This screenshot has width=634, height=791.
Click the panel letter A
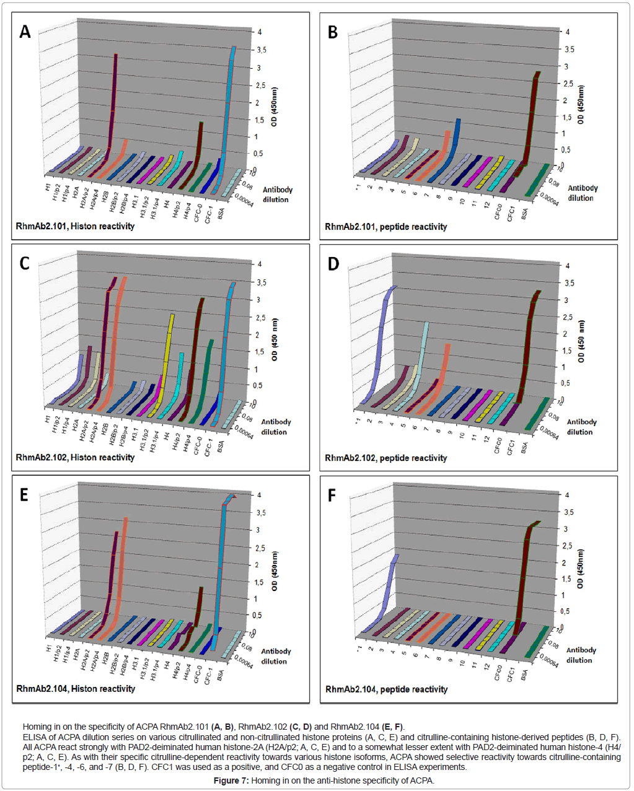pyautogui.click(x=25, y=32)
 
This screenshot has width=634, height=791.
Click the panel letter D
pyautogui.click(x=333, y=264)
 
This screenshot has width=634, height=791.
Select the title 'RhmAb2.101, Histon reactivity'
pyautogui.click(x=75, y=226)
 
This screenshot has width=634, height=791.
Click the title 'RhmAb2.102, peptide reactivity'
pyautogui.click(x=385, y=458)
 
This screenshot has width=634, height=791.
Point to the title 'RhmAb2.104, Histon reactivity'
pyautogui.click(x=76, y=688)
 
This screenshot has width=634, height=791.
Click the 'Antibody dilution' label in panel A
pyautogui.click(x=276, y=194)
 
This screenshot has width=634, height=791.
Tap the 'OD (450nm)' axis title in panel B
pyautogui.click(x=581, y=105)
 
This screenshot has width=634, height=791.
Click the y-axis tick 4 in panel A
pyautogui.click(x=259, y=32)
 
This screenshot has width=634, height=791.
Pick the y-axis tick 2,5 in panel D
pyautogui.click(x=567, y=317)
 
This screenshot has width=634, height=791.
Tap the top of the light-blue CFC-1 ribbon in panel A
pyautogui.click(x=234, y=48)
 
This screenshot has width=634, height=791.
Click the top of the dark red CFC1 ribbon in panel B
pyautogui.click(x=537, y=73)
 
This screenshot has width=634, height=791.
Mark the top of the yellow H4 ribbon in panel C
pyautogui.click(x=172, y=315)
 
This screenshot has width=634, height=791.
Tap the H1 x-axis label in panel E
pyautogui.click(x=49, y=649)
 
